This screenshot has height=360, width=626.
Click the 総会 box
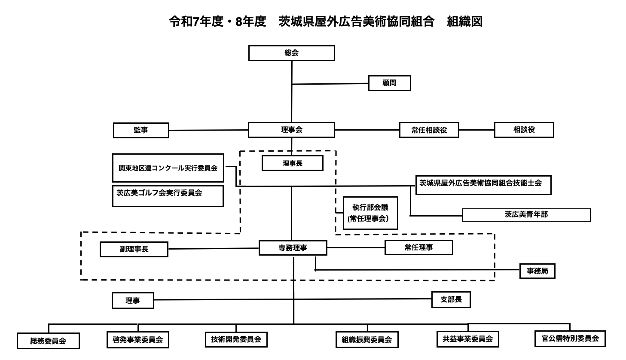point(291,53)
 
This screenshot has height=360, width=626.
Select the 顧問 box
point(389,83)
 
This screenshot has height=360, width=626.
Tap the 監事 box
point(141,130)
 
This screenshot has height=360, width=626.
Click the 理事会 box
point(291,130)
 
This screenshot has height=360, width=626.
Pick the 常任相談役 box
point(429,130)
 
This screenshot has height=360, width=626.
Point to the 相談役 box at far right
point(524,130)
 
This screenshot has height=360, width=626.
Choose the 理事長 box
point(292,163)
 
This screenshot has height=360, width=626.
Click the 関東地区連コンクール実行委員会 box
point(168,168)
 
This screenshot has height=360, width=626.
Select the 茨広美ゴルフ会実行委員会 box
point(168,196)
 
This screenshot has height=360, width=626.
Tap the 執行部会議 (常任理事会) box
point(370,213)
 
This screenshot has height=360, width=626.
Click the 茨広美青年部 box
point(526,215)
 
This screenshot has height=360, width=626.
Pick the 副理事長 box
point(134,249)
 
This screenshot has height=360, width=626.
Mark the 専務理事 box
point(293,248)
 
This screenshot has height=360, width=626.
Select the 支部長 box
point(451,300)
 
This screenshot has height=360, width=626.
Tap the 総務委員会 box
point(48,341)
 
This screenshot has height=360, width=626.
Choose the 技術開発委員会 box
point(236,339)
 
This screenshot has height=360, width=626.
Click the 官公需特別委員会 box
point(570,339)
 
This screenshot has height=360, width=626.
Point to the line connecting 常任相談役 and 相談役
point(476,130)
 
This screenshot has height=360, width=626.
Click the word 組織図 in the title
point(464,21)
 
